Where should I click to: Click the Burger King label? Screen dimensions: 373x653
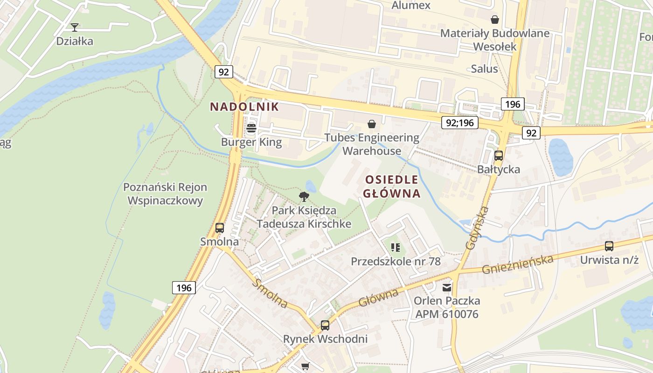[x=251, y=142]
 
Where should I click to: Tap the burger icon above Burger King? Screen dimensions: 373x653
[x=251, y=128]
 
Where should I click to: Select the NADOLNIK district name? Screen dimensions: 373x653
[x=244, y=107]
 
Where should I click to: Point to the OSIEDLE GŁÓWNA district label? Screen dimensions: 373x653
[x=392, y=186]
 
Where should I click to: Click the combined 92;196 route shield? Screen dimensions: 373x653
[x=460, y=123]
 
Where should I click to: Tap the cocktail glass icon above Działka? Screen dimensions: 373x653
[x=74, y=28]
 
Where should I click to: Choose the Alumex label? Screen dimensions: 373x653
[x=411, y=6]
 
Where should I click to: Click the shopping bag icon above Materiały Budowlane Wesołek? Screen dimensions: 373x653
[x=494, y=20]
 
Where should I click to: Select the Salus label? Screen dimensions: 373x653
[x=484, y=69]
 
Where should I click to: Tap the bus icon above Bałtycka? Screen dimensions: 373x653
[x=498, y=155]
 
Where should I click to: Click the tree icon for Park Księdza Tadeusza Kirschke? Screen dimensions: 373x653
[x=304, y=196]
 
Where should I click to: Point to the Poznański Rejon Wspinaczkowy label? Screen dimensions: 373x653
[x=165, y=194]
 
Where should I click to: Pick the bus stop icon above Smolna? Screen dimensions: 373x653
[x=219, y=228]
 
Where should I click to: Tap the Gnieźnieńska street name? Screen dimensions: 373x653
[x=518, y=264]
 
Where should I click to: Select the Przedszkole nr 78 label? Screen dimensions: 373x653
[x=396, y=261]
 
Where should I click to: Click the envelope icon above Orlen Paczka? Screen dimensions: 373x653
[x=447, y=287]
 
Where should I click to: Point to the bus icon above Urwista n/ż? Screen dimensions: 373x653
[x=609, y=246]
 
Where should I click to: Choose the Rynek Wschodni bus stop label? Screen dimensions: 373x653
[x=325, y=339]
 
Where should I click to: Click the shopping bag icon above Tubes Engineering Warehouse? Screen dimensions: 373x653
[x=372, y=124]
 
